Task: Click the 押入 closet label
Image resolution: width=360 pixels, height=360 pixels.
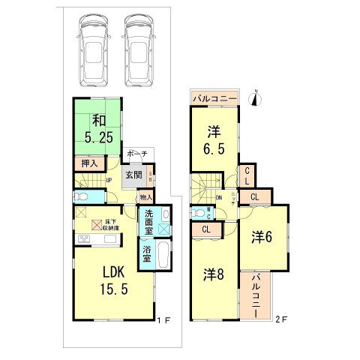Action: pyautogui.click(x=88, y=163)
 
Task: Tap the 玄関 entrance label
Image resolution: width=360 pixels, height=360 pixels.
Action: pyautogui.click(x=133, y=175)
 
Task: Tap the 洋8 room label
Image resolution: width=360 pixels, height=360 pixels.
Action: pyautogui.click(x=211, y=274)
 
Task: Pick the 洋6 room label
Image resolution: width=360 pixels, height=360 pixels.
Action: pyautogui.click(x=262, y=234)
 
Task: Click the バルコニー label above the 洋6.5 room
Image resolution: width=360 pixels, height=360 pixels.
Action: pyautogui.click(x=215, y=97)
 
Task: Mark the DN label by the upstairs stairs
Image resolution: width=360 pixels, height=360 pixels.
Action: pyautogui.click(x=220, y=198)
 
